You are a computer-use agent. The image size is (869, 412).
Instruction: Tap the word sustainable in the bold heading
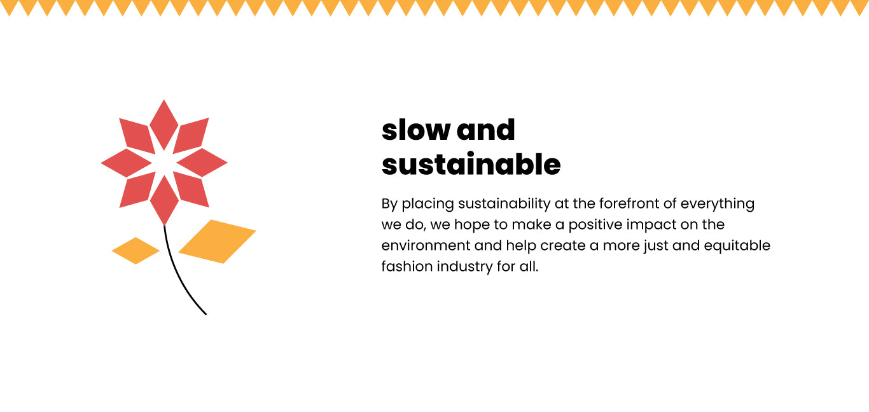471,164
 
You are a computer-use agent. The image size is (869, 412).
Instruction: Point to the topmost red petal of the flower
163,124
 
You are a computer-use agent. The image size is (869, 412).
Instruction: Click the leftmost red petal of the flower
126,163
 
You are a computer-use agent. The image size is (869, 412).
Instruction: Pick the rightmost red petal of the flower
202,162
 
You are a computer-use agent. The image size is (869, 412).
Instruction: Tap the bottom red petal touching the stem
164,200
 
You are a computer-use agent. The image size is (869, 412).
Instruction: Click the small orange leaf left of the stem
136,251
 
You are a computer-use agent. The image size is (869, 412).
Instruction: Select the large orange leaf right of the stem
218,242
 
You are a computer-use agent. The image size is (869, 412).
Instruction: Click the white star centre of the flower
164,162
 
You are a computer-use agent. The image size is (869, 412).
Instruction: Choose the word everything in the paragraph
718,204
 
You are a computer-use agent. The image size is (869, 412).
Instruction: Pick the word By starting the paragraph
389,204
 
